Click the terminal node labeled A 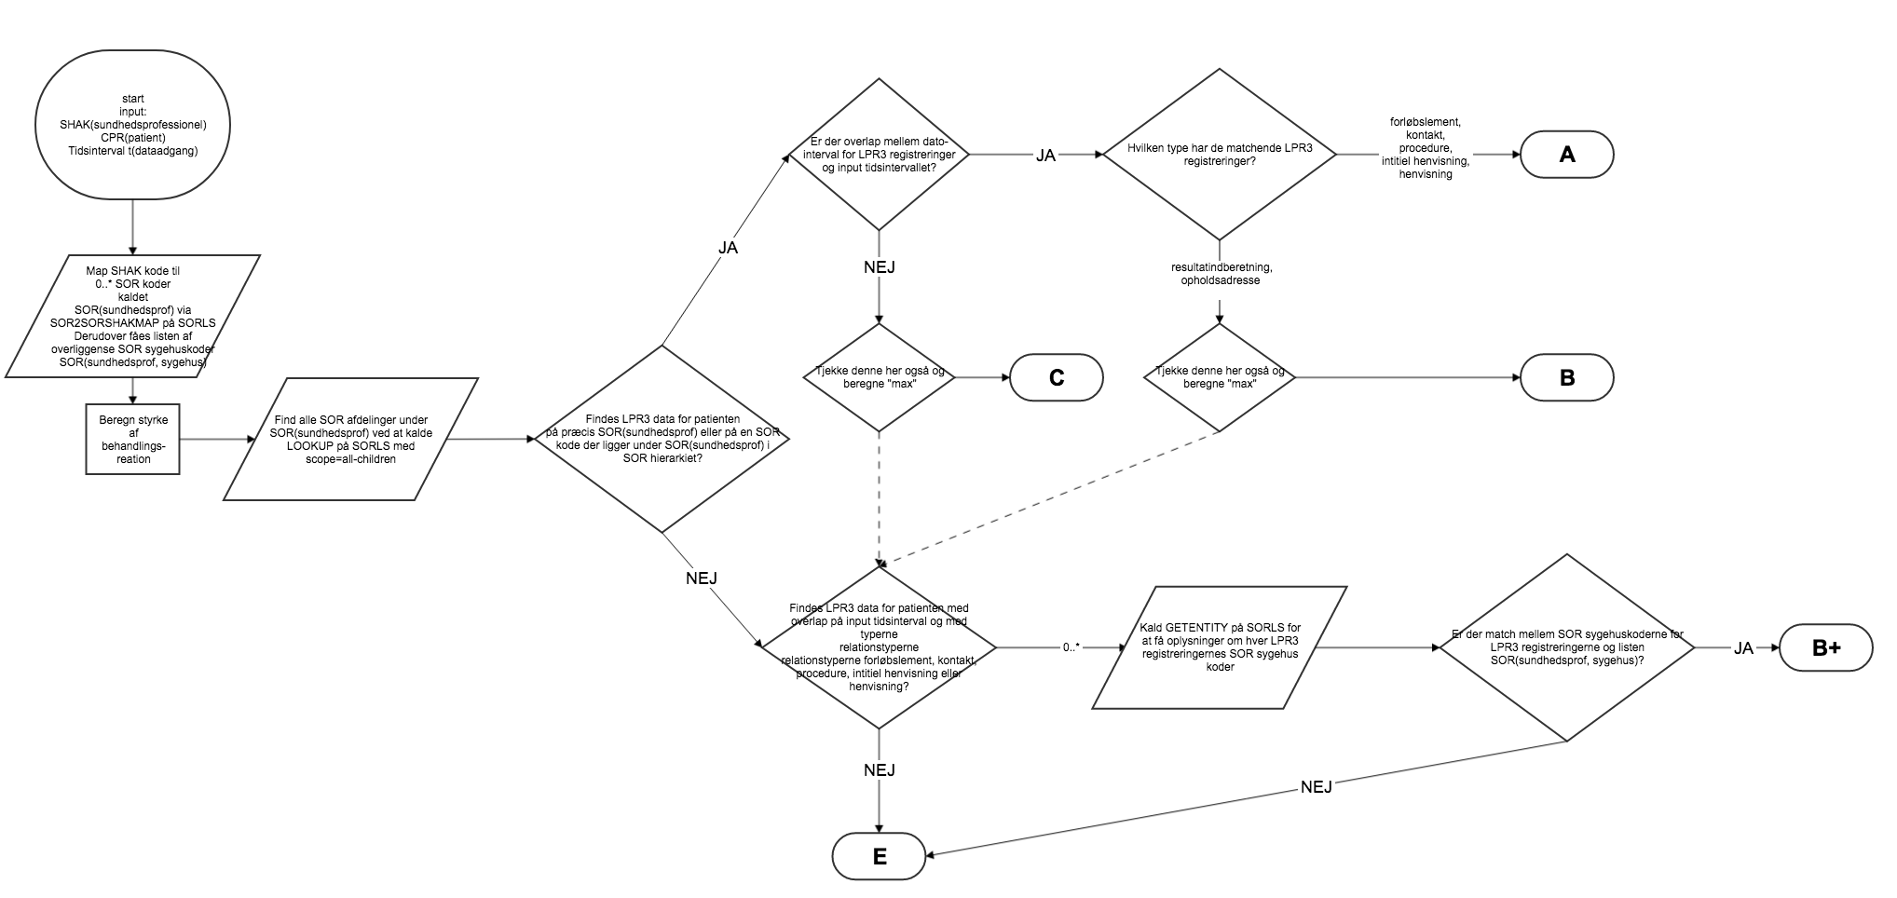tap(1566, 155)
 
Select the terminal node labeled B tap(1566, 377)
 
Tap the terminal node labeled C tap(1056, 377)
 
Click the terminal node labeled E tap(879, 856)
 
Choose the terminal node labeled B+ tap(1825, 648)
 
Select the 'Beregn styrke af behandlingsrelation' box tap(133, 439)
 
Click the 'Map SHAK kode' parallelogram tap(133, 317)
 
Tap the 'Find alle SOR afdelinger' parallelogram tap(351, 439)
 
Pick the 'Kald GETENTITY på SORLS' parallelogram tap(1220, 647)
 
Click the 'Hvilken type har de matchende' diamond tap(1219, 154)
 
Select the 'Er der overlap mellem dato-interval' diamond tap(879, 154)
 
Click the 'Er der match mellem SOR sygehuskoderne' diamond tap(1567, 647)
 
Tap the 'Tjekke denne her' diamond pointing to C tap(879, 377)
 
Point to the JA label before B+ tap(1743, 648)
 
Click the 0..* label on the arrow tap(1071, 646)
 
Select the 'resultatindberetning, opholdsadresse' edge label tap(1221, 274)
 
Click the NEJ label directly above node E tap(879, 770)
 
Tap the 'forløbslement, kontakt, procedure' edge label tap(1425, 148)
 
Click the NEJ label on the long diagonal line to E tap(1316, 787)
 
